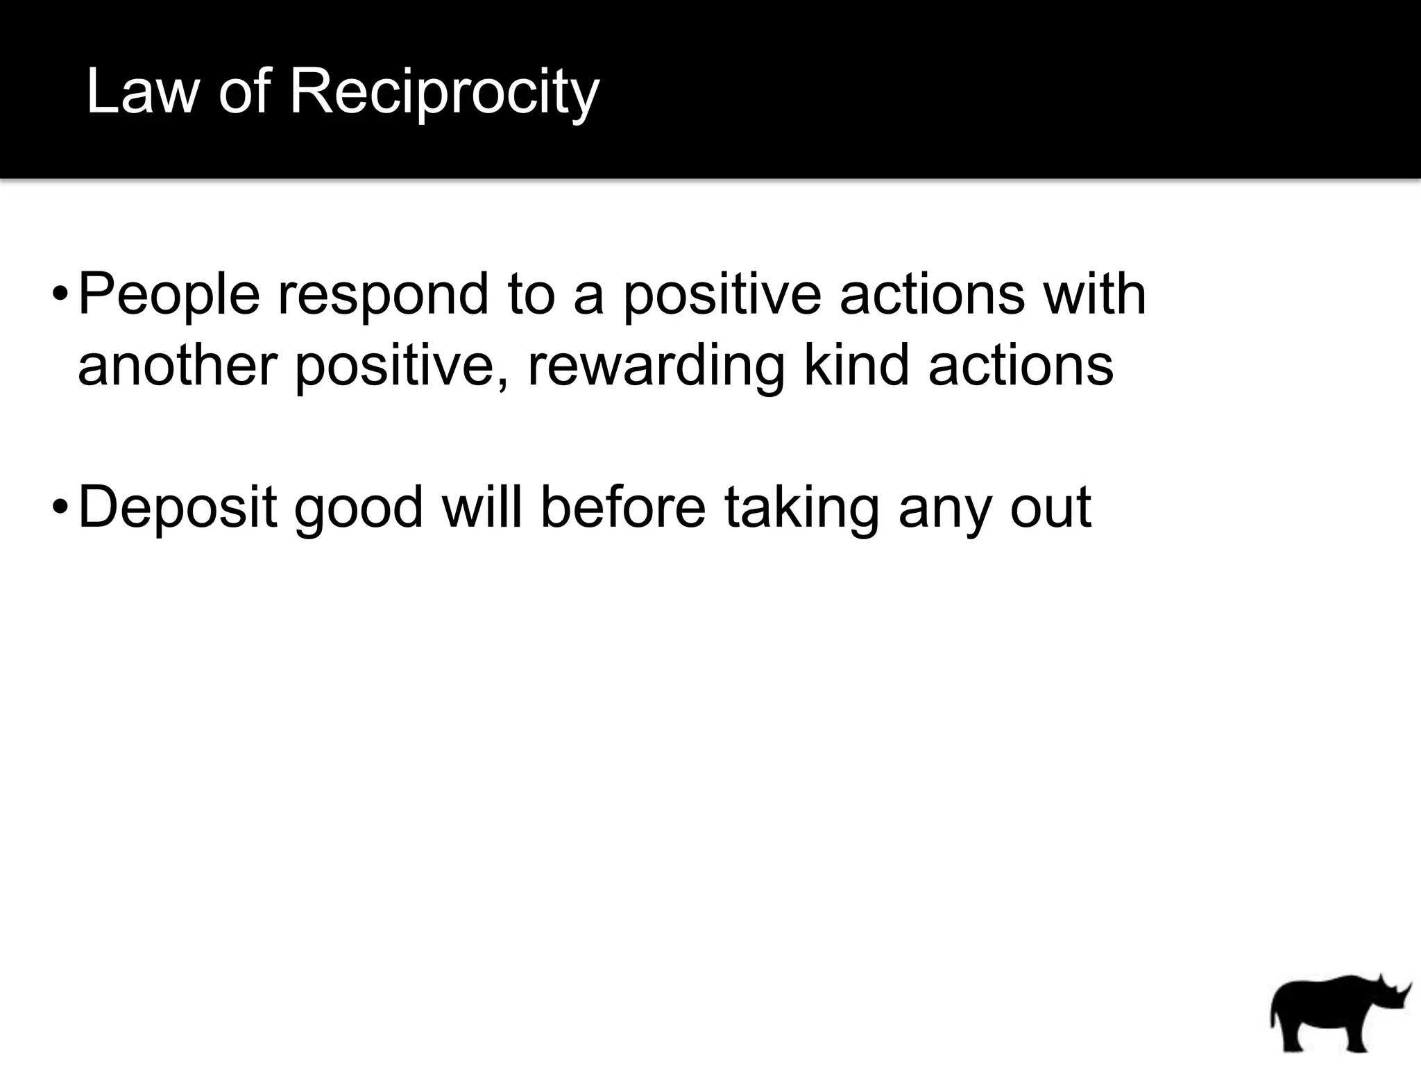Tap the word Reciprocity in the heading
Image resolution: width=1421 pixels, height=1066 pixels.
pos(444,93)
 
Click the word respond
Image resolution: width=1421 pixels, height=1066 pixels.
pos(384,296)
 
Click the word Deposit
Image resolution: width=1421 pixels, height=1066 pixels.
pos(178,509)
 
